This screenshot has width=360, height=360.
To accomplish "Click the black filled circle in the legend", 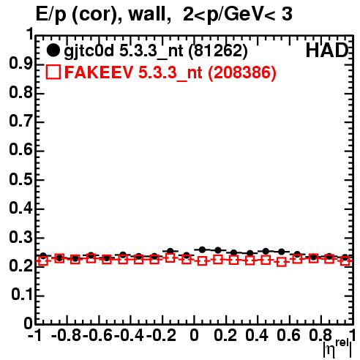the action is click(53, 50).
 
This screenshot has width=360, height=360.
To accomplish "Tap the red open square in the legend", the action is click(53, 72).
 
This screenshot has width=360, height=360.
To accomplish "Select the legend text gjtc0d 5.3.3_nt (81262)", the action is click(156, 51).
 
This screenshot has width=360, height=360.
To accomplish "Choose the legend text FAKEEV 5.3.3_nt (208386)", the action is click(170, 72).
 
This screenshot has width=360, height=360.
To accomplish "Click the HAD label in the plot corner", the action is click(327, 50).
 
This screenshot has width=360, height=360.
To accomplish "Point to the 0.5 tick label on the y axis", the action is click(20, 179).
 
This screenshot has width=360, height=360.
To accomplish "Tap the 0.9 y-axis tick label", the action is click(20, 64).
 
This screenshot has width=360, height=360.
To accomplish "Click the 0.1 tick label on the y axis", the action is click(22, 295).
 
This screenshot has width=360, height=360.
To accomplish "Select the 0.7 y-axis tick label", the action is click(20, 121).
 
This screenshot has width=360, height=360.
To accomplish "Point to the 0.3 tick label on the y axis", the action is click(20, 237).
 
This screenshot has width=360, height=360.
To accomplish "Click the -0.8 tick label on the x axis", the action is click(67, 335).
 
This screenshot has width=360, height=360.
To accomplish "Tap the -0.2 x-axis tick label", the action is click(161, 335).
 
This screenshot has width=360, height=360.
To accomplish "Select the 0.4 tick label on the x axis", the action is click(257, 335).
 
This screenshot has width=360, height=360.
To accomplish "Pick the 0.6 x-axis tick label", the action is click(288, 335).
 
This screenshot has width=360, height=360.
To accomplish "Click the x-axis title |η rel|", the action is click(337, 348).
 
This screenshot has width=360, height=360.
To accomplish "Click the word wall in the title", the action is click(150, 14).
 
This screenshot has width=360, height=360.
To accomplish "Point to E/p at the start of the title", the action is click(51, 15).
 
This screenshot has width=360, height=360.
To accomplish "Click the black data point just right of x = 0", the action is click(202, 250).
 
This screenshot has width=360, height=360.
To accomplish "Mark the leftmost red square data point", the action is click(43, 261).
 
